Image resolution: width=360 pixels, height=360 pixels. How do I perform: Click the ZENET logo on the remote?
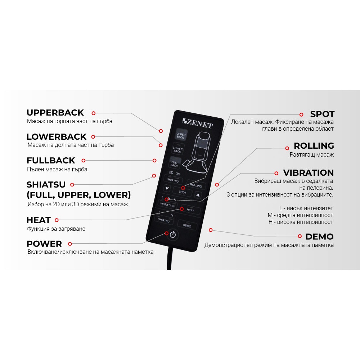click(197, 123)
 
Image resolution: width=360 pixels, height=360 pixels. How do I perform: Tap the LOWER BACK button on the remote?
click(178, 149)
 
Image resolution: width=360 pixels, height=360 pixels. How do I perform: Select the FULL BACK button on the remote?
click(175, 163)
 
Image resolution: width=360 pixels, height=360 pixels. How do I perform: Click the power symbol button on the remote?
click(173, 235)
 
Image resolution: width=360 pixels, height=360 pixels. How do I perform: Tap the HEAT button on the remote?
click(190, 210)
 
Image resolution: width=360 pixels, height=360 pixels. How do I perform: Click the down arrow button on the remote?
click(167, 188)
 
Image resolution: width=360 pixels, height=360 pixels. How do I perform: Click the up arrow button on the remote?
click(198, 195)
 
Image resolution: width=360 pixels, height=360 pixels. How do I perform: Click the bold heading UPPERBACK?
click(55, 113)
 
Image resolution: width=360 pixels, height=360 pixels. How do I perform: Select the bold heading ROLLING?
click(314, 146)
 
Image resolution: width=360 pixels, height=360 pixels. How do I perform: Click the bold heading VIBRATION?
click(309, 173)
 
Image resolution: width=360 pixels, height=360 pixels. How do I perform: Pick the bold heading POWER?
click(44, 244)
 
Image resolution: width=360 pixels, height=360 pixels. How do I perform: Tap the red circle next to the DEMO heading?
click(300, 236)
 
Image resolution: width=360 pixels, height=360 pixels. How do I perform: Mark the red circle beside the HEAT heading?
click(57, 220)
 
